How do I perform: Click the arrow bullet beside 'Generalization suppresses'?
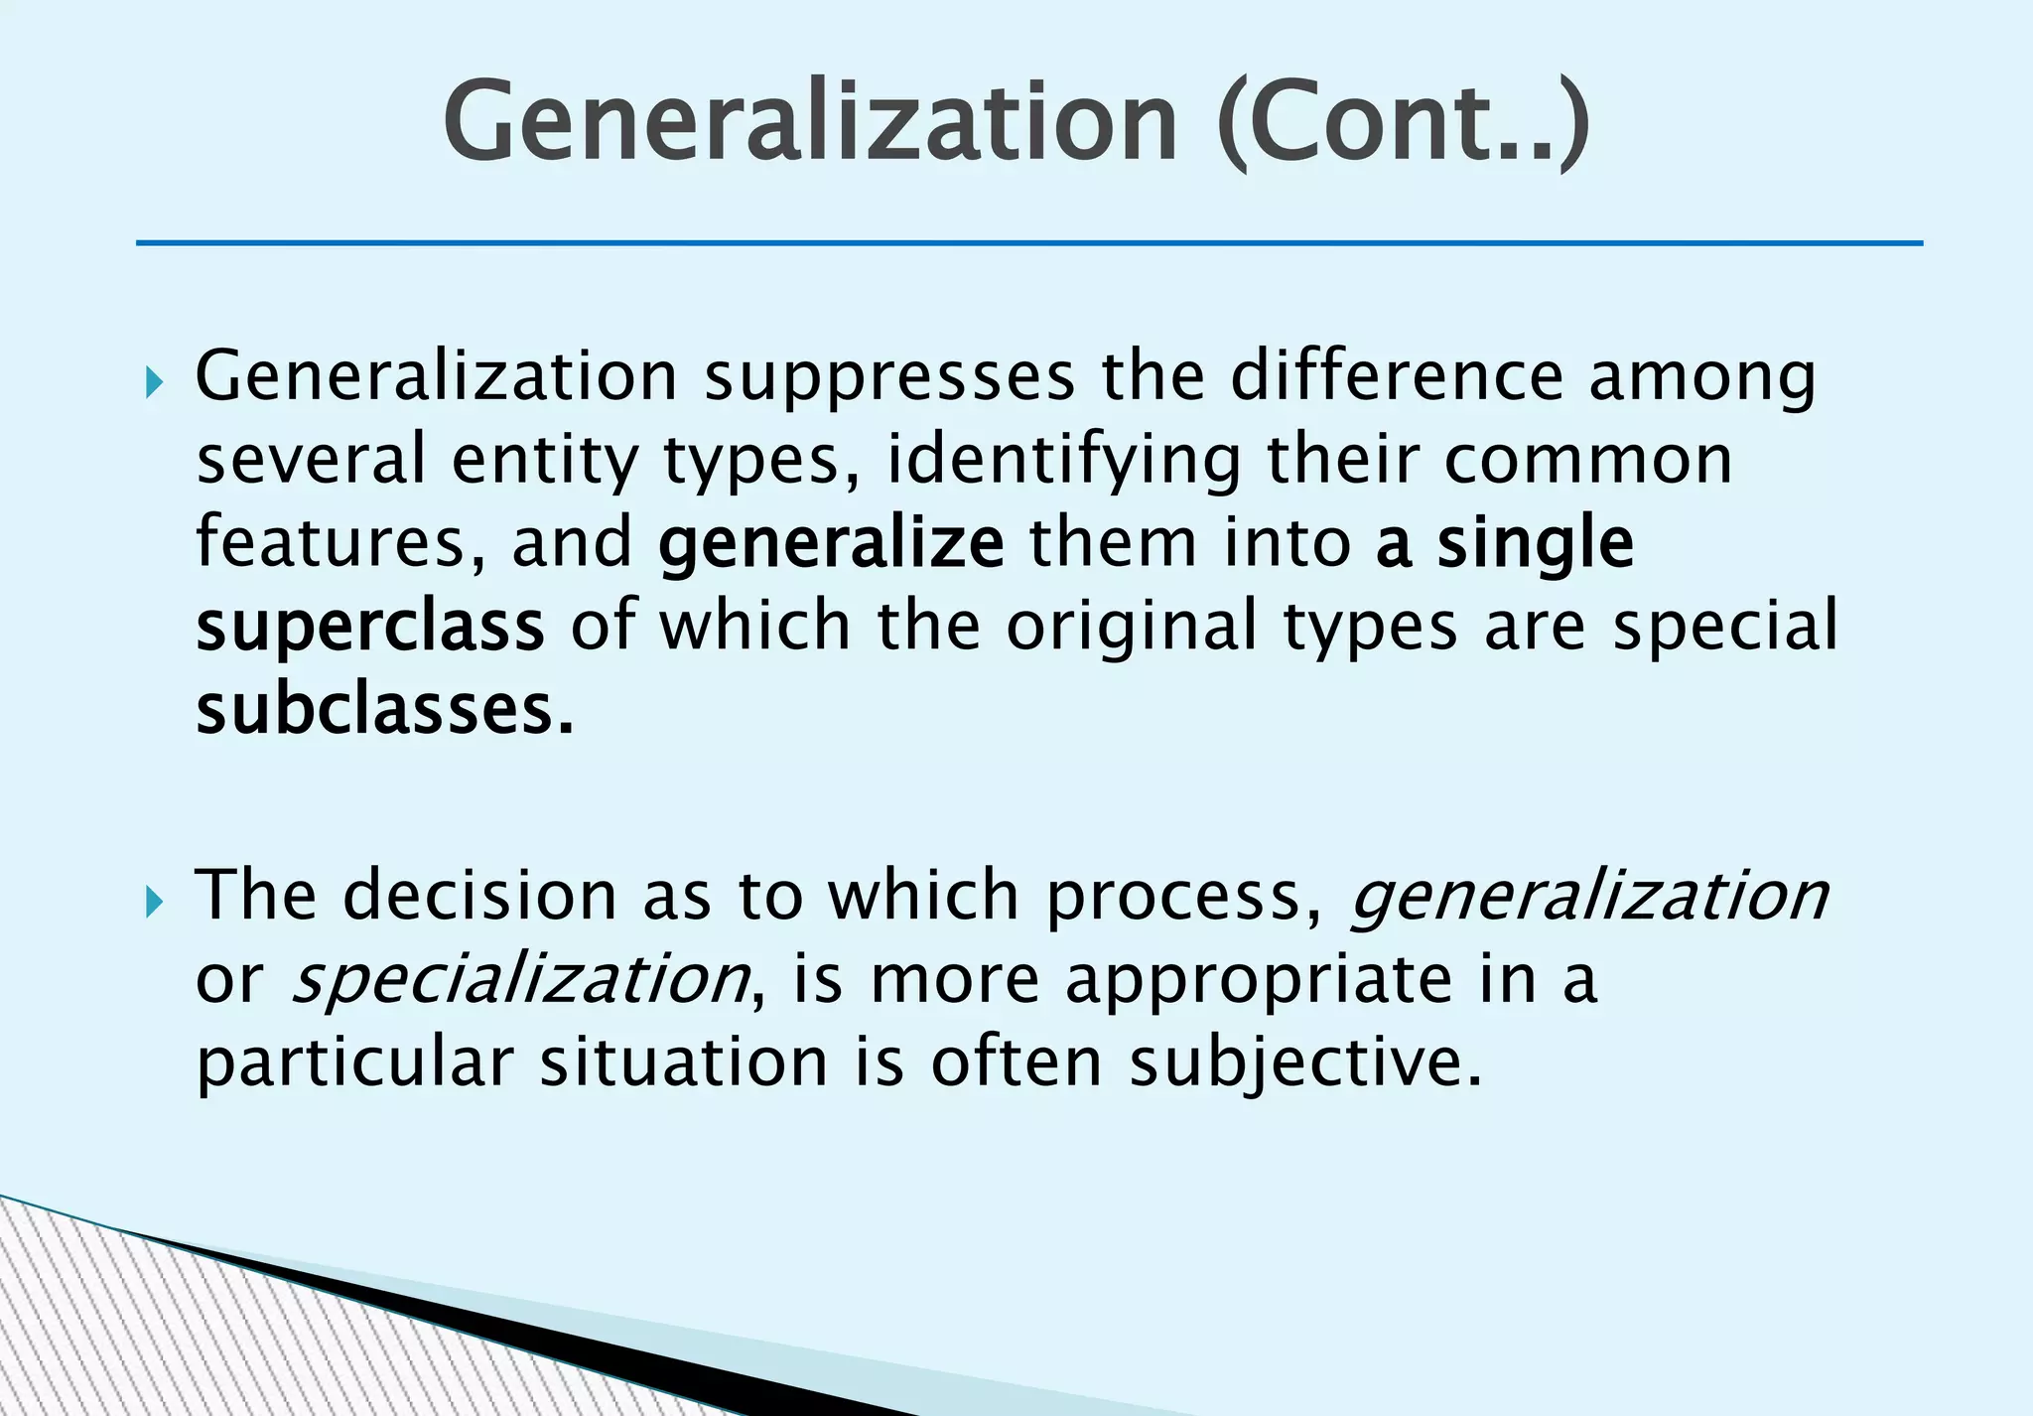152,381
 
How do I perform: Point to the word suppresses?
890,378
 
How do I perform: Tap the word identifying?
1062,461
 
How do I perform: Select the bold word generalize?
831,544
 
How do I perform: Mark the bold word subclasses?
385,710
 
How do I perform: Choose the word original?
1132,626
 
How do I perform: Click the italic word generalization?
1588,897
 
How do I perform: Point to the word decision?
480,895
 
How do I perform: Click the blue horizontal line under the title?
1028,243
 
